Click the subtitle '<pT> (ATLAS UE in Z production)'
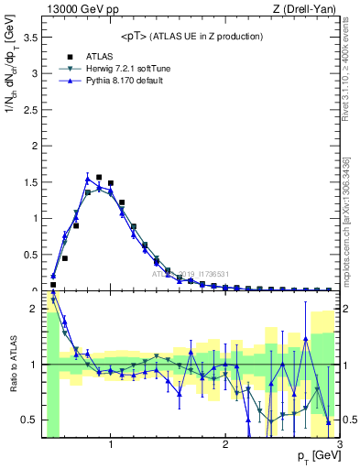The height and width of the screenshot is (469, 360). [191, 36]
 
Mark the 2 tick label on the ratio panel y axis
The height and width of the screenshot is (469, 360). [35, 309]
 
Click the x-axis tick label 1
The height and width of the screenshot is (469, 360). [111, 446]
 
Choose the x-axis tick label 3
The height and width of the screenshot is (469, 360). [339, 446]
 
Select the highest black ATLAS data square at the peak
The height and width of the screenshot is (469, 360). [99, 177]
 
